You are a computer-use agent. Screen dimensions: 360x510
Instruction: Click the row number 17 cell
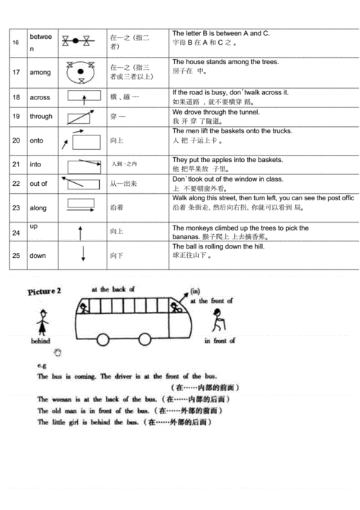(x=16, y=73)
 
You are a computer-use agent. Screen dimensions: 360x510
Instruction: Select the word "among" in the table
(x=40, y=73)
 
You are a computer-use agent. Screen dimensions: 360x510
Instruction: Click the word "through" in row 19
(x=41, y=116)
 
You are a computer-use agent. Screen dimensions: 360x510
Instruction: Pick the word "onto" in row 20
(x=37, y=140)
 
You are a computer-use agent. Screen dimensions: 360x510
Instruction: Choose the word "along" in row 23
(x=38, y=208)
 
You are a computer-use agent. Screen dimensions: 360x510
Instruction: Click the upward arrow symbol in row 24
(x=81, y=232)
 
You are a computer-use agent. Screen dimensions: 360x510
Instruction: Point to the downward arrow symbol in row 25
(x=81, y=254)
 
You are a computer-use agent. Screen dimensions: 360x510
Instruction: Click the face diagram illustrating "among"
(x=81, y=71)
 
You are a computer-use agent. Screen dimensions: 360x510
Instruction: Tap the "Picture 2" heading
(x=45, y=291)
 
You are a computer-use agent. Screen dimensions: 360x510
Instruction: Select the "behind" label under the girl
(x=40, y=341)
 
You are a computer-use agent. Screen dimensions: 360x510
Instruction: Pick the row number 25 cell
(x=16, y=256)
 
